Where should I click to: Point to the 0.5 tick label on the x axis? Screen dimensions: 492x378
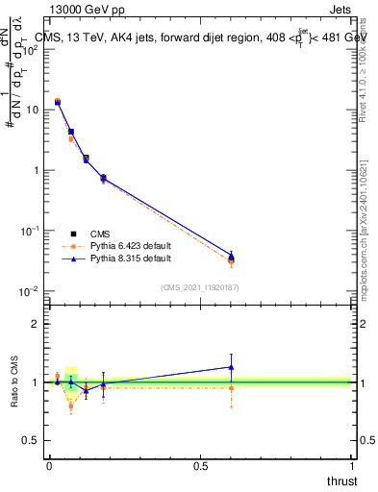tap(200, 465)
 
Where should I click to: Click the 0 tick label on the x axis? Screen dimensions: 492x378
tap(49, 465)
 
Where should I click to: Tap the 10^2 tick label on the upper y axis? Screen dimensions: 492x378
tap(31, 49)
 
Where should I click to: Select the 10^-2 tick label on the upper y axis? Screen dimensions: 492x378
tap(31, 291)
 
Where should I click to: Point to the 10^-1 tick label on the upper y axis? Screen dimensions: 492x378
tap(31, 231)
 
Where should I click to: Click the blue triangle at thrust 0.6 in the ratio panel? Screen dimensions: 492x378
tap(231, 366)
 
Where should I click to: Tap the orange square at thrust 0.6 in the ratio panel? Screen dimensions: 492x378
tap(231, 388)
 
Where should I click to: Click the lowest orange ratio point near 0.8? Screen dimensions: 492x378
tap(71, 406)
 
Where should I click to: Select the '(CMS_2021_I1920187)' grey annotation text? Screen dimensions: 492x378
tap(200, 286)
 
